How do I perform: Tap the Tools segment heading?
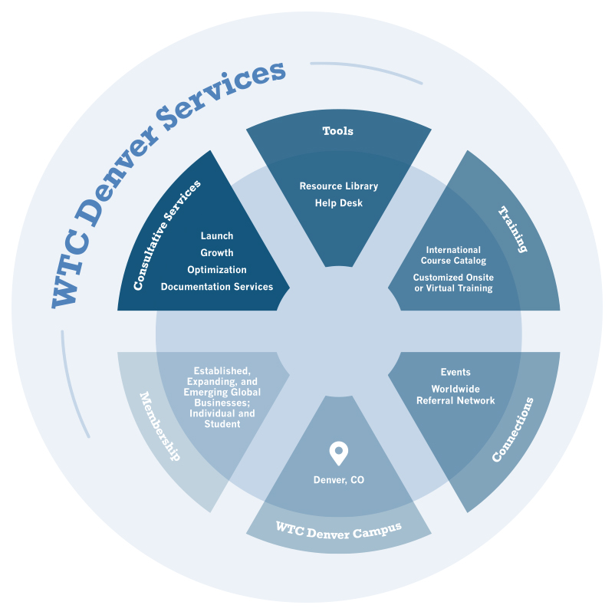coord(337,131)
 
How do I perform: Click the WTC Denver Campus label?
coord(337,528)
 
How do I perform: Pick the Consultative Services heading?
coord(167,235)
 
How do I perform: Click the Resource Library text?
coord(338,186)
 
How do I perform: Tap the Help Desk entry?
coord(338,203)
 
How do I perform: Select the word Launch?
coord(217,236)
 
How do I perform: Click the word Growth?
coord(217,253)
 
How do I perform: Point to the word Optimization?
coord(217,270)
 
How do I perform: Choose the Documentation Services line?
coord(217,287)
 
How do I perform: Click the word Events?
coord(455,373)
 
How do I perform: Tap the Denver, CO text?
coord(338,480)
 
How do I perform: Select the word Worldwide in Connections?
coord(455,389)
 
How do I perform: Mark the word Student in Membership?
coord(222,424)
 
